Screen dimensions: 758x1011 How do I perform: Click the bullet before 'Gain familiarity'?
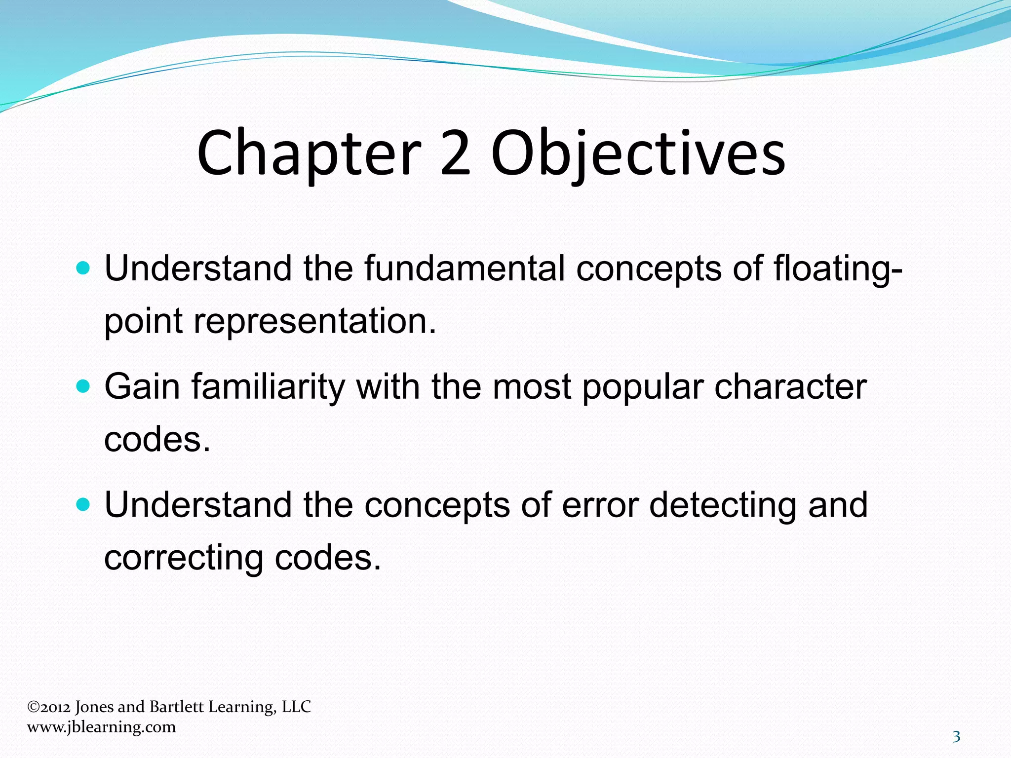pos(84,386)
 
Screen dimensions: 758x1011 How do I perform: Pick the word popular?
pos(642,387)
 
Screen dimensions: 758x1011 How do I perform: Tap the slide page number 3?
pos(956,737)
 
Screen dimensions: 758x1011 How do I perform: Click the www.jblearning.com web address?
pos(101,727)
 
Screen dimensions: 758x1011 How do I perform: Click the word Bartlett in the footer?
pos(176,707)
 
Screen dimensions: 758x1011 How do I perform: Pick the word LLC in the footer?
pos(296,707)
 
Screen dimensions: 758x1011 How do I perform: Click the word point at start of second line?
pos(144,322)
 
